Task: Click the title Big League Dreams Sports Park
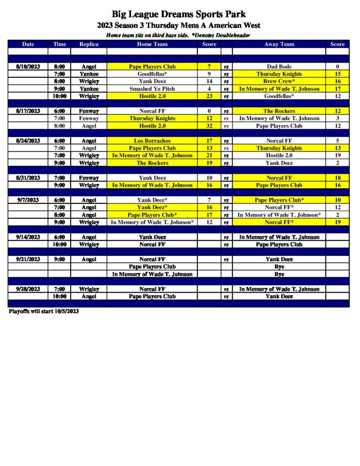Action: (179, 15)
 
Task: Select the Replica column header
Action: (88, 44)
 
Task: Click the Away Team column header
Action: (279, 44)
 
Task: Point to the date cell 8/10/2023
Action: (28, 66)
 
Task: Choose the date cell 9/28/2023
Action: (28, 289)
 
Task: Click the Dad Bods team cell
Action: (279, 66)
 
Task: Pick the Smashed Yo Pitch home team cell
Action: (152, 89)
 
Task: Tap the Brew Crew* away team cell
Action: (279, 81)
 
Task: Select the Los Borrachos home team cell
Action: (152, 141)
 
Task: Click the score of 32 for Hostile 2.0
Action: (209, 126)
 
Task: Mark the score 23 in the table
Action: (209, 96)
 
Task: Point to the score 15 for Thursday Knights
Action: (337, 74)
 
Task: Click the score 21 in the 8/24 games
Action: (209, 156)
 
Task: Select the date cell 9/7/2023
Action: (28, 200)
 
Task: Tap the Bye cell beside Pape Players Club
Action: (279, 267)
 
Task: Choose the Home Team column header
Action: (152, 44)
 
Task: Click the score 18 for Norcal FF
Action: (337, 178)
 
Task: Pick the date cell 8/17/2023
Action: (28, 111)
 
